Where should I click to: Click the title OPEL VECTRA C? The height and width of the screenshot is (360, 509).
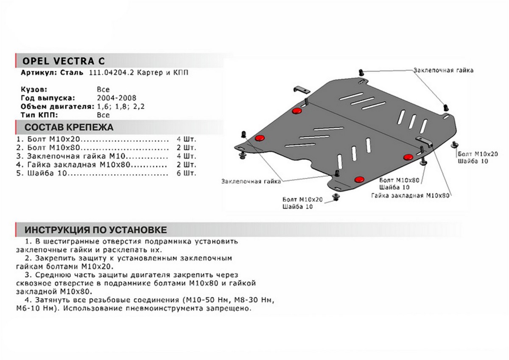point(62,60)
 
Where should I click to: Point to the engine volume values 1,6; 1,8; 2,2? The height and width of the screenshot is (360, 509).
point(120,107)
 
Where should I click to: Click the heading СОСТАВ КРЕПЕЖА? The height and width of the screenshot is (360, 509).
point(69,127)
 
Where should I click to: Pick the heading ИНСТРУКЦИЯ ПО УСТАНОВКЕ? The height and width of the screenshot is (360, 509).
point(95,230)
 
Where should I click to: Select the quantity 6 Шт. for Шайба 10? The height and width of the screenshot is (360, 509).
point(187,174)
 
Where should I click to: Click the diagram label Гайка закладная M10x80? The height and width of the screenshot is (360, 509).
point(409,195)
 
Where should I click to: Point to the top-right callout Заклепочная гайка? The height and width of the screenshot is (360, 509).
point(443,70)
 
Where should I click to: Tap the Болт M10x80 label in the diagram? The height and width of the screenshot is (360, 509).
point(399,180)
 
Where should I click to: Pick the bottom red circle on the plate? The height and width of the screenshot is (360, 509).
point(359,179)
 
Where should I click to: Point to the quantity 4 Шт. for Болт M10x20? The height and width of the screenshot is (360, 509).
point(187,139)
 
